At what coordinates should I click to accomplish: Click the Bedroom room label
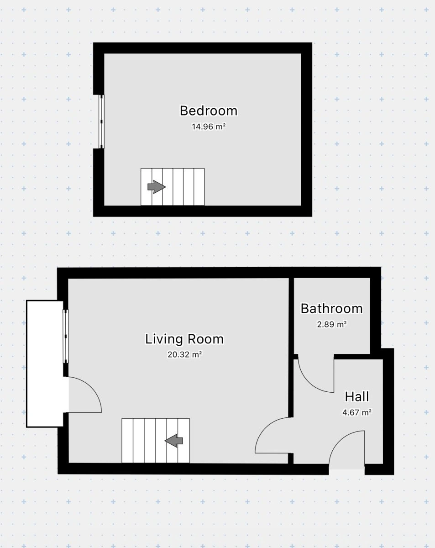tap(209, 111)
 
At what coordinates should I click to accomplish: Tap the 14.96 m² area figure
tap(209, 126)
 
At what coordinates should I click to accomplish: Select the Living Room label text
tap(184, 339)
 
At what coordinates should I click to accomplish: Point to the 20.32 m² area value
tap(184, 354)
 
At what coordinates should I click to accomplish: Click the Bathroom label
tap(332, 309)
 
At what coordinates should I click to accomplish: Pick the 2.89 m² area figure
tap(332, 324)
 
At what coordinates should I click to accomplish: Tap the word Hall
tap(357, 397)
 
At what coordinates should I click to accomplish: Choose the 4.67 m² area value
tap(357, 412)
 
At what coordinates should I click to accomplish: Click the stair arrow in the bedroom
tap(157, 187)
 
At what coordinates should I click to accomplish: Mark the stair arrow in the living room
tap(173, 441)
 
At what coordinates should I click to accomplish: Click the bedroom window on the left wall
tap(101, 121)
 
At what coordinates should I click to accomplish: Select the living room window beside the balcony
tap(66, 336)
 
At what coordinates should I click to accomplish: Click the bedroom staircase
tap(173, 187)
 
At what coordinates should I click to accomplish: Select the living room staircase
tap(156, 441)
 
